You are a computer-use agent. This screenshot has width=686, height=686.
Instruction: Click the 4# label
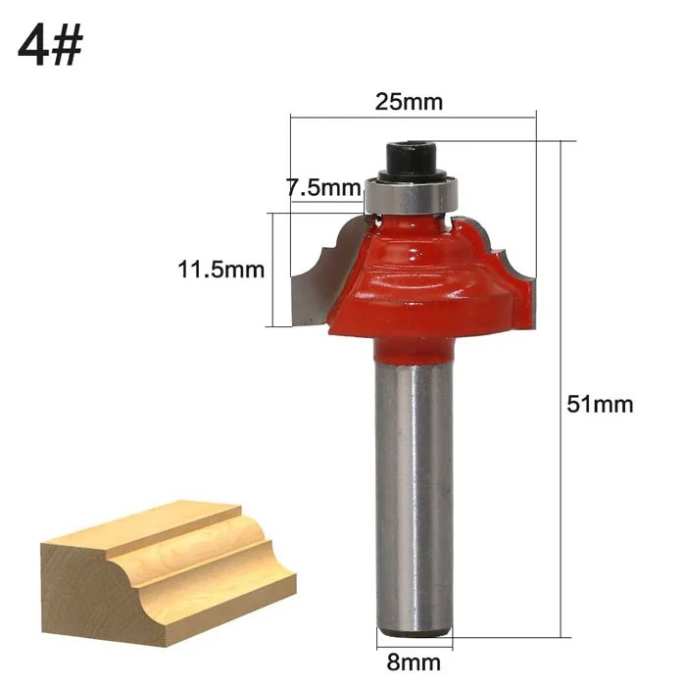50,44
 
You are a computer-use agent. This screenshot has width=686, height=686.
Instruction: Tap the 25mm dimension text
409,102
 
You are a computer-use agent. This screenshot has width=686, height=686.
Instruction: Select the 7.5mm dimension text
323,188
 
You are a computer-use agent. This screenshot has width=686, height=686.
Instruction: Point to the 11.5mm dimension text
220,269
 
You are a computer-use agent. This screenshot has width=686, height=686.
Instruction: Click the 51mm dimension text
600,404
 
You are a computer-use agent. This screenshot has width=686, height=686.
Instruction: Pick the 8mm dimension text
414,662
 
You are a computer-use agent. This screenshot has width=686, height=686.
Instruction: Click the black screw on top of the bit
413,160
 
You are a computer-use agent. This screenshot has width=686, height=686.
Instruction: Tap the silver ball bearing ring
411,196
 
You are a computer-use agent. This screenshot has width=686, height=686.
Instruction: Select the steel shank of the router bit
415,494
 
